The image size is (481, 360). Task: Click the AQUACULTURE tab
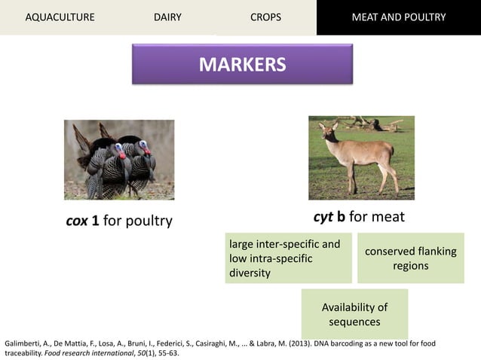click(60, 17)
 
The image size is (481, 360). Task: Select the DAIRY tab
click(167, 17)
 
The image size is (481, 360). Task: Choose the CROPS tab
click(265, 17)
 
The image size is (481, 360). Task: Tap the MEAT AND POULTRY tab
click(399, 17)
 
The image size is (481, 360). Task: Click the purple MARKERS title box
click(242, 64)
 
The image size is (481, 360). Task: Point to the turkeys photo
click(119, 160)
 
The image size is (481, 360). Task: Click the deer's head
click(326, 129)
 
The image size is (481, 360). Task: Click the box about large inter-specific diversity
click(287, 258)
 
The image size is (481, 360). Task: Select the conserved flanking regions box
click(410, 258)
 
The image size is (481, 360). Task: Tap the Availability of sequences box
click(354, 314)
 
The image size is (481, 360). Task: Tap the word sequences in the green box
click(354, 322)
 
